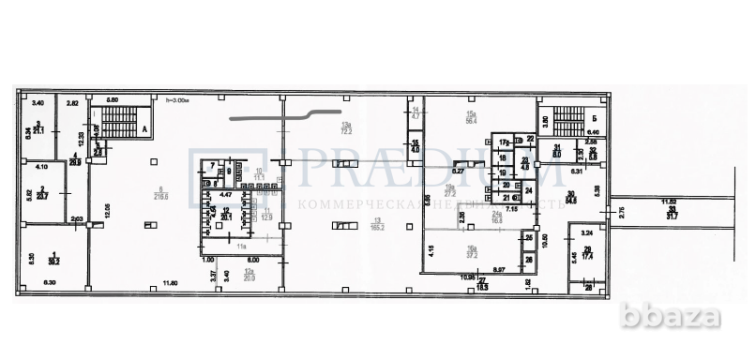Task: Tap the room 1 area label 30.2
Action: tap(55, 257)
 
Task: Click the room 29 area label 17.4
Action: tap(586, 254)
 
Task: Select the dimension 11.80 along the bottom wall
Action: tap(169, 283)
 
